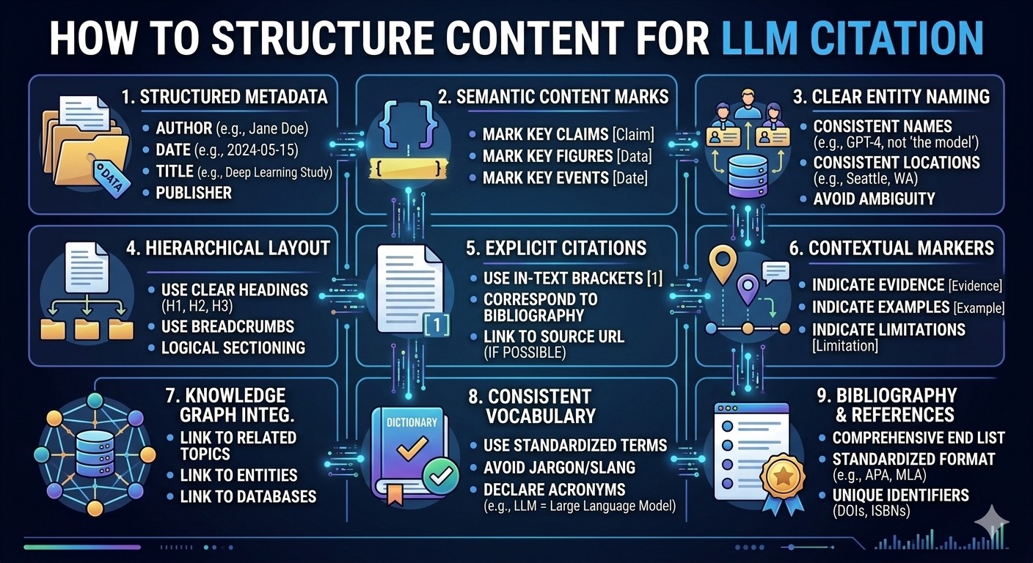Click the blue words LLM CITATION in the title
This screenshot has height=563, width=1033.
pos(853,38)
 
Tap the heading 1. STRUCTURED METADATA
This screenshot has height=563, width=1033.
pos(225,97)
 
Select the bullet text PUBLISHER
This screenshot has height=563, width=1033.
pos(194,193)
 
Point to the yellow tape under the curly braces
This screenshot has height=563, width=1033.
pos(409,169)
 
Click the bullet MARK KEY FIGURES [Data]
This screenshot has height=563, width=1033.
pos(567,156)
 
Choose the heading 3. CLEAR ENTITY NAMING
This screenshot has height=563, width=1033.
pos(891,97)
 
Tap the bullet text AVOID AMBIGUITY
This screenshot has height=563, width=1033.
pos(874,199)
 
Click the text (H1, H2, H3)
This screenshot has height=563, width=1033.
pos(197,306)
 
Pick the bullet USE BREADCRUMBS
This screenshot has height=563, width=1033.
pos(227,326)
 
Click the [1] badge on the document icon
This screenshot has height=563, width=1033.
pos(436,325)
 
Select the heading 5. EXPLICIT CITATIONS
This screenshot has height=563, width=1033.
pos(556,249)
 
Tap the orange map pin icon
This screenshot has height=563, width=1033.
pos(723,264)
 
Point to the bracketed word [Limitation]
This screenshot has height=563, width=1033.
pos(845,345)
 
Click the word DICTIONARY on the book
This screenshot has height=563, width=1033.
pos(412,422)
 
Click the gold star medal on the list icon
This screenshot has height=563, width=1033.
pos(783,476)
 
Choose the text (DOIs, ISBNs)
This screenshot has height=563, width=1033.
pos(871,511)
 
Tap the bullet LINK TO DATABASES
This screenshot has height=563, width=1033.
pos(248,496)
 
